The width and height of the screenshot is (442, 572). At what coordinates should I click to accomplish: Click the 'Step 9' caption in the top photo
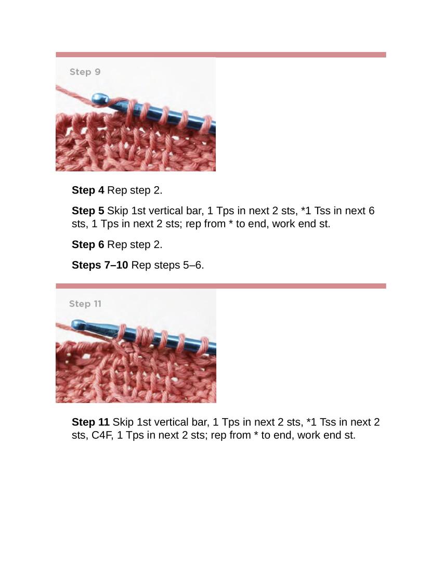85,72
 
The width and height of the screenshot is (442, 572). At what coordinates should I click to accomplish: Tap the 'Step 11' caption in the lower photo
85,304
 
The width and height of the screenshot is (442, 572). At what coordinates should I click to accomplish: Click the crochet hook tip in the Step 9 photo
99,99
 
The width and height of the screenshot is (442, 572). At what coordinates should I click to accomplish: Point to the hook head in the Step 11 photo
78,324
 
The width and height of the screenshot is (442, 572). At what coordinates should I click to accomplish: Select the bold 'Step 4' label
88,190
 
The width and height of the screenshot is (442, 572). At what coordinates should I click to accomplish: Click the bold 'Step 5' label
88,211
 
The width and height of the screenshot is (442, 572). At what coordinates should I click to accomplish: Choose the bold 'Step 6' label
88,244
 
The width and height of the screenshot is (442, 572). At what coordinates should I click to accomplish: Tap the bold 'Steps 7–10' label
100,265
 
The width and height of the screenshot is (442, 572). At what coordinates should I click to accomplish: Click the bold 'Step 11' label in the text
90,422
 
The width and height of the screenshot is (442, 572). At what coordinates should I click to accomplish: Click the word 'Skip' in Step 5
118,211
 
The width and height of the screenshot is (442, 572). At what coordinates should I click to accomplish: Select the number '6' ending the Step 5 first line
371,211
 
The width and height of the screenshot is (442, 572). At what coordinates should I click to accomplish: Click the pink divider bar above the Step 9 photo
220,55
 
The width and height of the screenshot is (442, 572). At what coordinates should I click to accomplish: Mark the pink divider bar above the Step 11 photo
220,286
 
